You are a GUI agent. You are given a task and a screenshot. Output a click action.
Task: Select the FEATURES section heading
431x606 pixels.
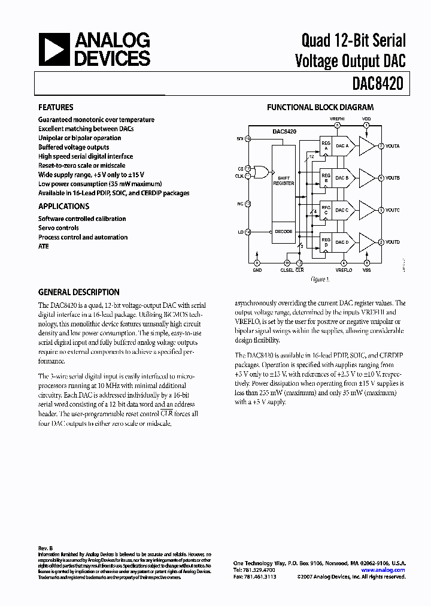pos(56,107)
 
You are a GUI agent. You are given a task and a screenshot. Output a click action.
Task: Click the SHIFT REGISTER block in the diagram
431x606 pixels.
pos(284,181)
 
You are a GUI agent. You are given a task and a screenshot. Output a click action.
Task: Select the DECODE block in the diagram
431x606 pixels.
pos(284,231)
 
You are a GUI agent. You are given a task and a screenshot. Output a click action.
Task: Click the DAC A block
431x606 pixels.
pos(342,146)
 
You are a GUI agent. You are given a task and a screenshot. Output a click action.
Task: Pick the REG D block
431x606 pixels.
pos(326,242)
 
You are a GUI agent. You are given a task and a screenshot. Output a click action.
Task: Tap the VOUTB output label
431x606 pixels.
pos(392,178)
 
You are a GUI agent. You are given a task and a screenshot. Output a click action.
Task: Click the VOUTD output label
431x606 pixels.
pos(392,242)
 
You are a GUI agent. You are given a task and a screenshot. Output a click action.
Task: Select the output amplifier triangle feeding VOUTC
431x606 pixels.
pos(365,210)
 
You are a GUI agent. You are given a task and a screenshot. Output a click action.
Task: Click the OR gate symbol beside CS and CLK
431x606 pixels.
pos(262,172)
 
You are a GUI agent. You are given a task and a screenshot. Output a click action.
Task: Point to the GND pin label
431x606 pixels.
pos(257,270)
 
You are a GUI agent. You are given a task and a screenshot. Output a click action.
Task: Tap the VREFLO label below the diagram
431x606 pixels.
pos(344,270)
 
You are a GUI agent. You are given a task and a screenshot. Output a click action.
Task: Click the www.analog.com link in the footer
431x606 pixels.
pos(383,570)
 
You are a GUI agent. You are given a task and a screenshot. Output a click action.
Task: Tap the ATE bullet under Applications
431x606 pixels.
pos(44,247)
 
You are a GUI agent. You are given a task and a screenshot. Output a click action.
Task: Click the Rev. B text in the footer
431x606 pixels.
pos(45,549)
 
